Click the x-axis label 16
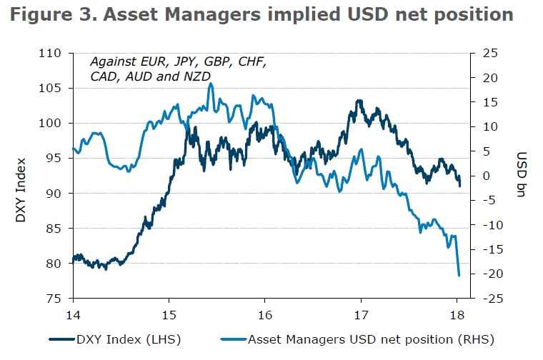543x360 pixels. coord(265,315)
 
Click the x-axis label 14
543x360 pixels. coord(73,315)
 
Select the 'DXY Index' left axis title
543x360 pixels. coord(21,189)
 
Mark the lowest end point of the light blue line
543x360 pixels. coord(459,275)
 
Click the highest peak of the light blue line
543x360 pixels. coord(211,84)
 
